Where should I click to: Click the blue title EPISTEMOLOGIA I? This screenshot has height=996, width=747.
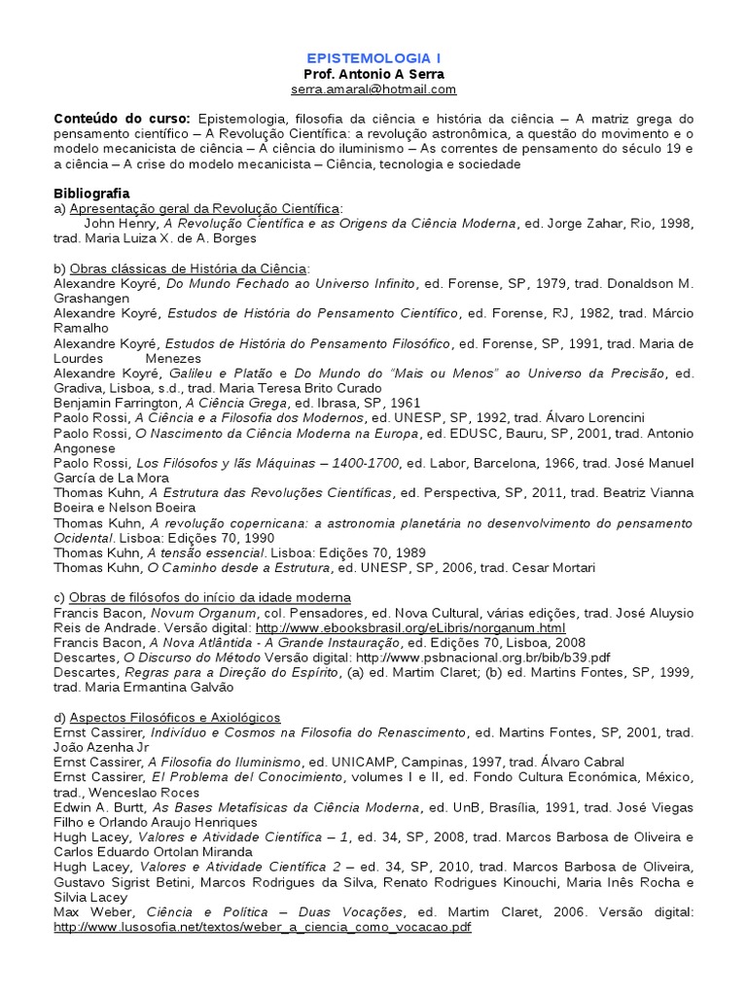(x=373, y=58)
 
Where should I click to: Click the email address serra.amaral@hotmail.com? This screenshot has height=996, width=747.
(x=373, y=89)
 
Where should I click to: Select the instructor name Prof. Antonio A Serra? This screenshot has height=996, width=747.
(x=373, y=74)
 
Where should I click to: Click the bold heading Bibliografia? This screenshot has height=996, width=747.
(x=91, y=194)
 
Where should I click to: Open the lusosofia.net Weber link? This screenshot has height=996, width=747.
(x=263, y=928)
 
